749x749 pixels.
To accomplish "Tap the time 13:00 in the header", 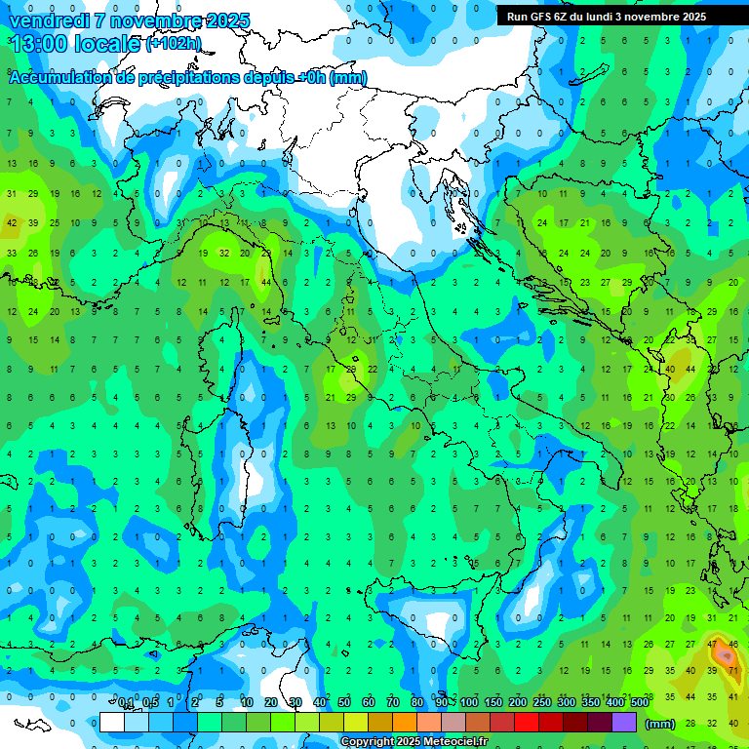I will pos(41,44).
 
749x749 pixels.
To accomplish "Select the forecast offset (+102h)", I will pos(174,44).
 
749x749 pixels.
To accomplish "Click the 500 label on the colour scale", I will pos(640,702).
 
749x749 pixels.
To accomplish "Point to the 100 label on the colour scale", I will pos(469,702).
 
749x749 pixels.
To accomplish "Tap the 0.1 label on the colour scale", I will pos(127,702).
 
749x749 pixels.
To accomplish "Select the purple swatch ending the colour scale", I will pos(624,722).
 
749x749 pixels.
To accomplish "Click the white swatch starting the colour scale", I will pos(112,722).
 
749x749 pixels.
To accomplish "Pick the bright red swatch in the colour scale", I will pos(527,722).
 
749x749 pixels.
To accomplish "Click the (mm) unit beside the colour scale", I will pos(660,723).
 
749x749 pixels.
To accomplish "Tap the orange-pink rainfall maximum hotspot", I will pos(725,654).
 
